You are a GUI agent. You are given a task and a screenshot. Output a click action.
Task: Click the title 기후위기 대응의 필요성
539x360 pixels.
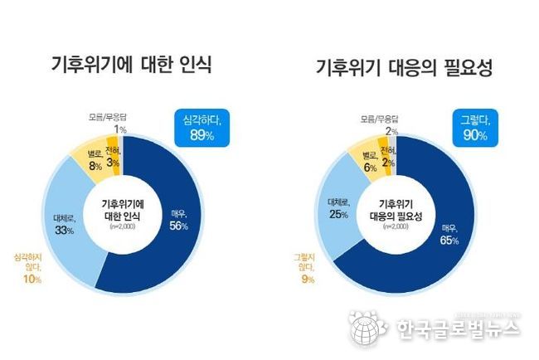(405, 67)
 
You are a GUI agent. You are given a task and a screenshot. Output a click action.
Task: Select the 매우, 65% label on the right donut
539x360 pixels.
(449, 234)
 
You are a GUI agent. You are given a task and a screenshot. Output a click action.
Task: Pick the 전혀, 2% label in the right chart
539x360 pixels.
(388, 155)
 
